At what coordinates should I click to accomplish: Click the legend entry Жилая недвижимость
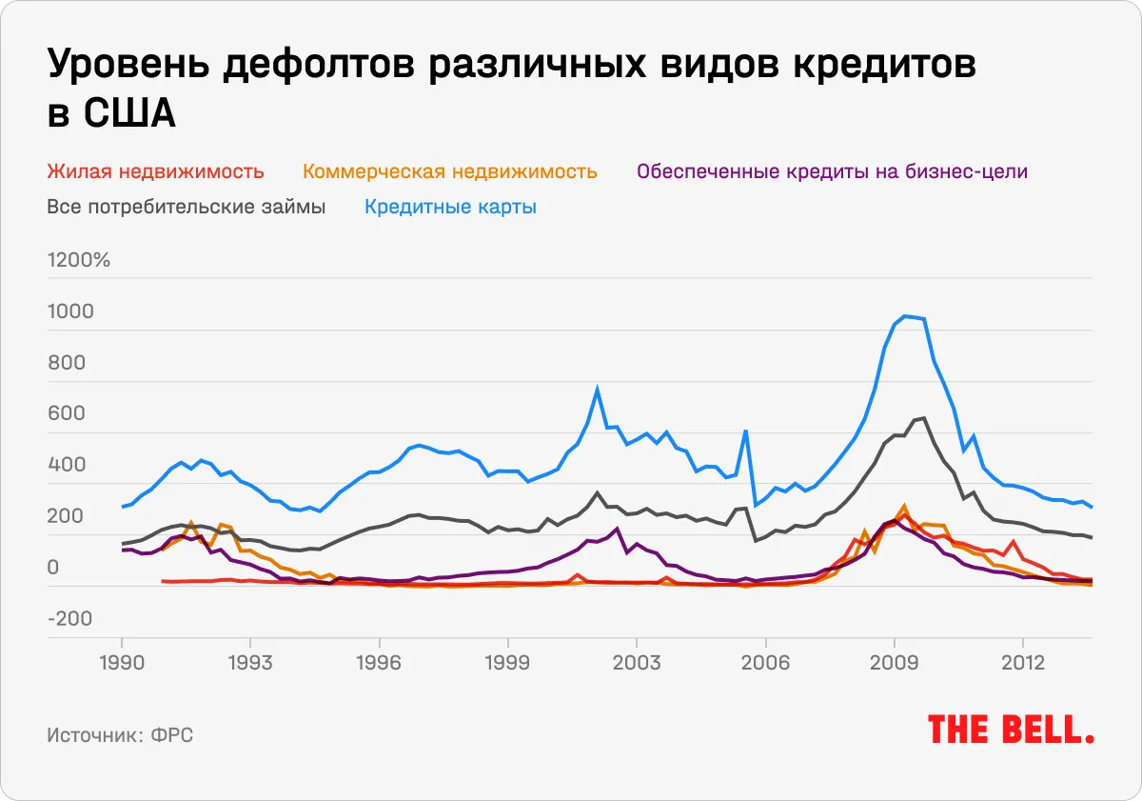155,172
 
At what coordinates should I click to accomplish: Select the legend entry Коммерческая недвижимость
450,172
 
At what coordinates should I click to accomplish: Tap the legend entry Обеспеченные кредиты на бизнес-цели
833,172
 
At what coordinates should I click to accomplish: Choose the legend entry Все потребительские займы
187,207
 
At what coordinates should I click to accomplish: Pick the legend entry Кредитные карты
450,207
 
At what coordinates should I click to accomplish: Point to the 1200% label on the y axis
79,260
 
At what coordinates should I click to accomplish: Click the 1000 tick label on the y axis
70,311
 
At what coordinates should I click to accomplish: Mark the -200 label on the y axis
70,619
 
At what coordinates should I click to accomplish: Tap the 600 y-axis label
66,414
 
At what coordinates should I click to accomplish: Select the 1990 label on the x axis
122,661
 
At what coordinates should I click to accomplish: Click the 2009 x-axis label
894,661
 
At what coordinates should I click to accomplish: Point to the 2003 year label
636,661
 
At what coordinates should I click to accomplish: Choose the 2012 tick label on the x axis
1022,661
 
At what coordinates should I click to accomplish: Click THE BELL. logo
1010,730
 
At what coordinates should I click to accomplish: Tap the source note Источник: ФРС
120,736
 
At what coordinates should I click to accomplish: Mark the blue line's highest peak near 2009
905,315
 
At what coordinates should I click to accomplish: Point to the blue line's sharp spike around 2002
597,388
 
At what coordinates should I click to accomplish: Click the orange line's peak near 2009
904,506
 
